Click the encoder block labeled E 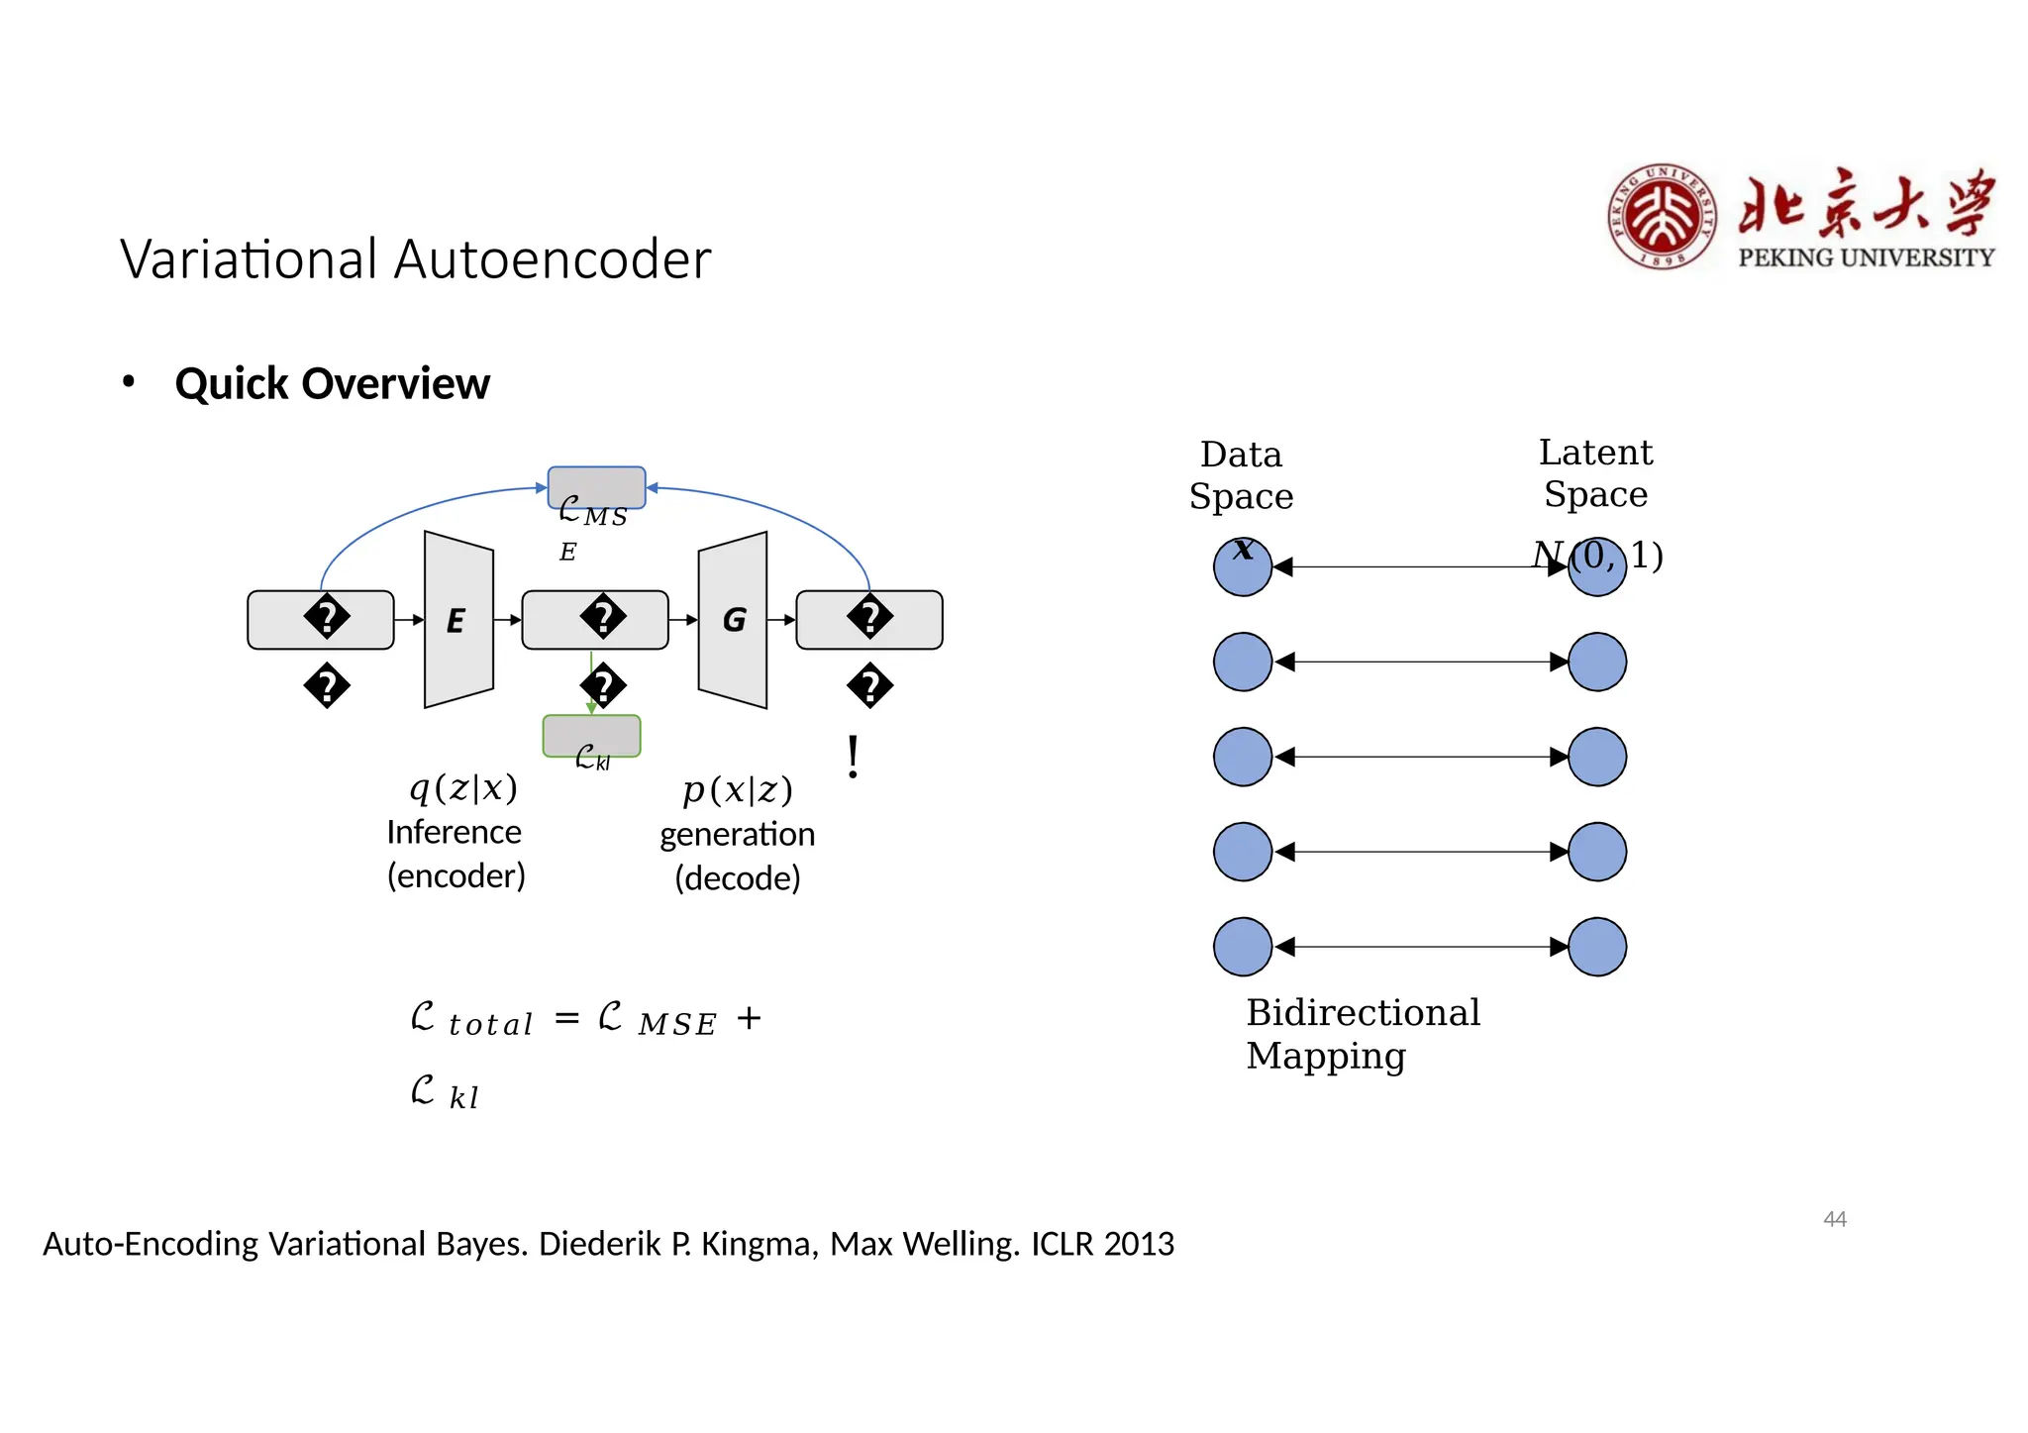457,620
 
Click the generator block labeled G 733,620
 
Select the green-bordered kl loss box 591,735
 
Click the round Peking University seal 1662,217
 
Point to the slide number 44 1834,1219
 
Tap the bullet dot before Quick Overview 128,381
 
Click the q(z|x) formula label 463,788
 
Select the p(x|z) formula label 738,790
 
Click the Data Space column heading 1241,475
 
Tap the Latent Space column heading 1594,473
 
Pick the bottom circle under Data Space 1242,947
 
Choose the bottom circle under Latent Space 1596,947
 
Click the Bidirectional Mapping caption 1362,1034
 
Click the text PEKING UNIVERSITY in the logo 1866,257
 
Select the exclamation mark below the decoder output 853,758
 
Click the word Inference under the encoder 454,833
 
